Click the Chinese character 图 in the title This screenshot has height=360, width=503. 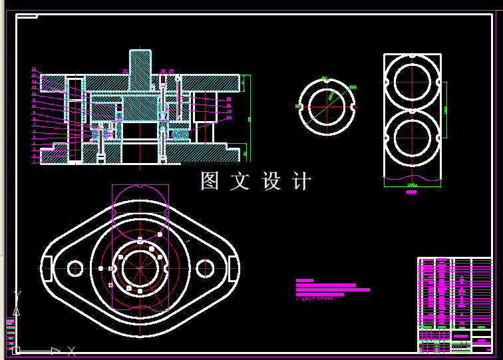pos(210,181)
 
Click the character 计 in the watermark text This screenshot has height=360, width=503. pos(301,181)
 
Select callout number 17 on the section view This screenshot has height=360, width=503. pos(124,70)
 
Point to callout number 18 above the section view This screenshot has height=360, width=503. pos(163,70)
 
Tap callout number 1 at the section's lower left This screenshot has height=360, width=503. pos(34,162)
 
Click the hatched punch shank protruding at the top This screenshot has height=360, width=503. pos(140,67)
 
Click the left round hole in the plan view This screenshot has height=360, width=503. pos(75,268)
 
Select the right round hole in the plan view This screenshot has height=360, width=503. pos(205,268)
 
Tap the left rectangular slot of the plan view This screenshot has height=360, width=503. pos(45,269)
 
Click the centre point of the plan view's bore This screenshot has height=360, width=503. pos(140,268)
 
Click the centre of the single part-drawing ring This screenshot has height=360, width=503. pos(326,106)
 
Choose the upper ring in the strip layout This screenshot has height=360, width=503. pos(413,82)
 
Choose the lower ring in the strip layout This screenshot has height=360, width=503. pos(413,138)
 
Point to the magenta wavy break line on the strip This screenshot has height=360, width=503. pos(413,178)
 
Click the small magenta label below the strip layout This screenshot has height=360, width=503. pos(411,192)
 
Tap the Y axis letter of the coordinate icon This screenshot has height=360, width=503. pos(17,293)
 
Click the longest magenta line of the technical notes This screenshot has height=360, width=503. pos(333,290)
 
